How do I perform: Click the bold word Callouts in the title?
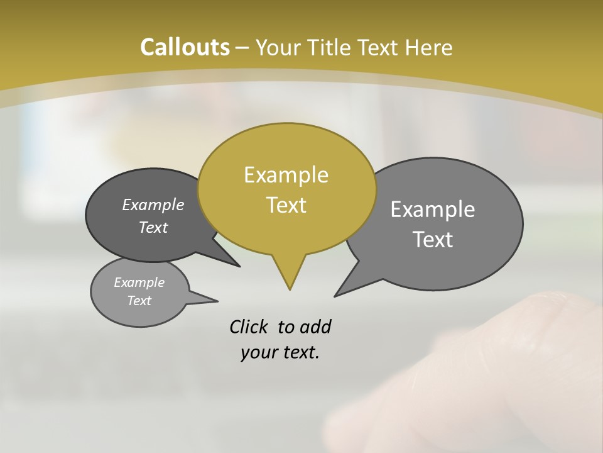185,47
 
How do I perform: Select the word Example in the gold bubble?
286,175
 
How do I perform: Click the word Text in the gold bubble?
286,205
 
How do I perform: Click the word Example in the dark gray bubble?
153,204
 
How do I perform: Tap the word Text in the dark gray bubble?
153,227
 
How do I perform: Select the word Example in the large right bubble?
432,210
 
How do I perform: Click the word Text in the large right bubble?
432,240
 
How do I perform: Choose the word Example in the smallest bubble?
139,282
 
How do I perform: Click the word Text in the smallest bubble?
139,301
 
